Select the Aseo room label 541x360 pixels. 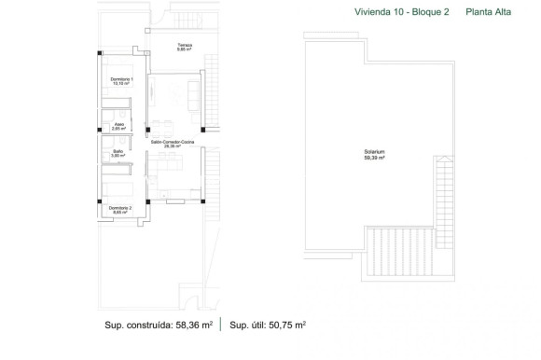pyautogui.click(x=118, y=122)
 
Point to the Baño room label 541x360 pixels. pyautogui.click(x=118, y=151)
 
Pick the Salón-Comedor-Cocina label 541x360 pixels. pyautogui.click(x=171, y=141)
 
